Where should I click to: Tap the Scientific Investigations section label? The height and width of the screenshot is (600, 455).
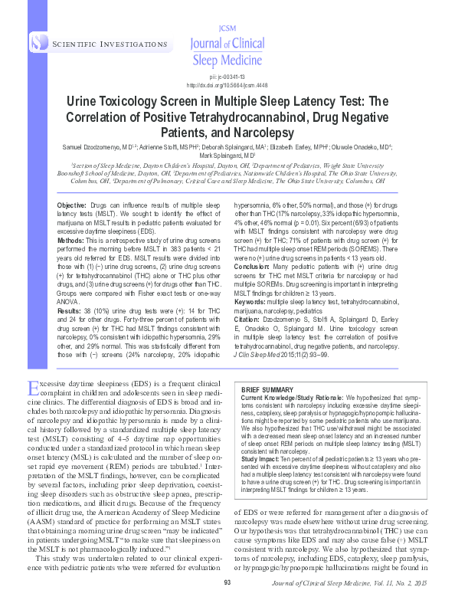(98, 46)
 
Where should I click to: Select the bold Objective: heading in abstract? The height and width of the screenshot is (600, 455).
(72, 207)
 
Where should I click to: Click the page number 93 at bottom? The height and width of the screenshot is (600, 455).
(227, 583)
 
